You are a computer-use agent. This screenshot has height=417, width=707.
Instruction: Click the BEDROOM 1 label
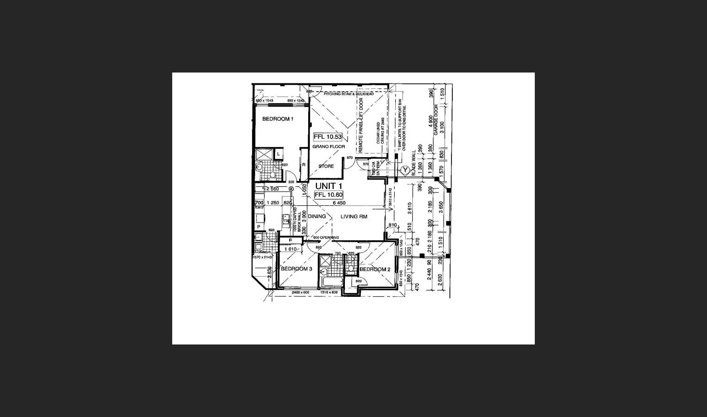tap(277, 119)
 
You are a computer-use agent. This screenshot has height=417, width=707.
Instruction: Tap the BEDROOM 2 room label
tap(375, 269)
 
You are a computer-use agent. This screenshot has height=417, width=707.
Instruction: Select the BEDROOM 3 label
tap(296, 269)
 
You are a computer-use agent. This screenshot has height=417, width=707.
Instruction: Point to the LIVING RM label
tap(354, 217)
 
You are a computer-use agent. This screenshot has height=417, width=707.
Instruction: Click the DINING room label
tap(317, 216)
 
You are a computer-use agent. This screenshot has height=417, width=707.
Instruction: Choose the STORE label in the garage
tap(326, 166)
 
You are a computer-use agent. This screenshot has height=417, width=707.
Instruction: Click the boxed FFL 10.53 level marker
tap(327, 136)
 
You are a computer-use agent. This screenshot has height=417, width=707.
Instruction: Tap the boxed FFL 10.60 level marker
tap(329, 195)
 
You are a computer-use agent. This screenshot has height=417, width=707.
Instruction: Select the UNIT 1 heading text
tap(329, 186)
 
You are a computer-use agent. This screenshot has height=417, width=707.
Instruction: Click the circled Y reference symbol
tap(405, 170)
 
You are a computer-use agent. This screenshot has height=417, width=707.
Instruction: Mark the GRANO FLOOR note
tap(329, 146)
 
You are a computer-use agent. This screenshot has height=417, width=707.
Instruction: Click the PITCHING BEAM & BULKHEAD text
tap(349, 94)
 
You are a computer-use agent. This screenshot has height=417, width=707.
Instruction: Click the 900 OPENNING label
tap(326, 238)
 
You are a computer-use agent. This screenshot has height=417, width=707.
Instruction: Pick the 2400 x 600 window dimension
tap(300, 292)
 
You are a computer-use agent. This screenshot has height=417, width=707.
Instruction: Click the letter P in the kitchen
tap(259, 226)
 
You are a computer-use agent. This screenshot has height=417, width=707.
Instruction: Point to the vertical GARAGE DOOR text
tap(436, 120)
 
